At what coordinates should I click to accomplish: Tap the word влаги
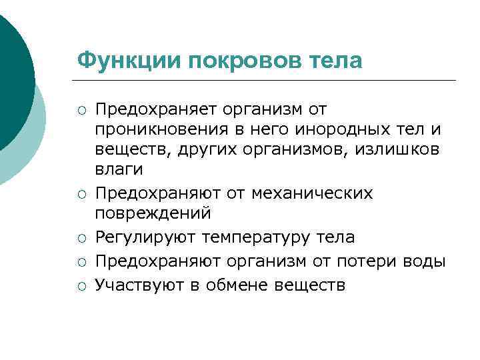point(119,171)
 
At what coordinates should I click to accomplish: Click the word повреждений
point(153,215)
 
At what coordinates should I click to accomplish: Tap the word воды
point(424,261)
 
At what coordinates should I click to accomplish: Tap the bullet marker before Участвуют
point(81,286)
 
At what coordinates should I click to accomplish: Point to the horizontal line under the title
point(267,81)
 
